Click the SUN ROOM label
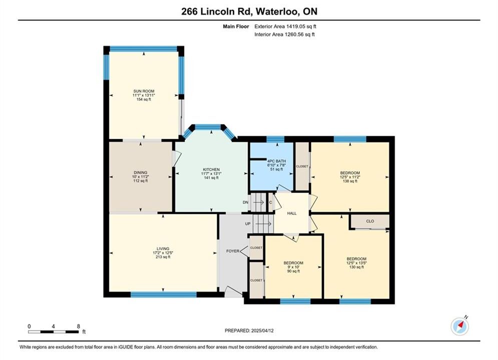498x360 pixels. (144, 91)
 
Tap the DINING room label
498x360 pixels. (140, 172)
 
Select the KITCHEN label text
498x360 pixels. (211, 169)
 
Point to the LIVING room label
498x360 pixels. (163, 248)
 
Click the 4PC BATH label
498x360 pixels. (276, 161)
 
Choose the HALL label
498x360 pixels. (292, 213)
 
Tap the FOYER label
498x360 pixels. (233, 251)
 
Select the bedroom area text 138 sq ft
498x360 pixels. (350, 181)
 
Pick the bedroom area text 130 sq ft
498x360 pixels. (356, 267)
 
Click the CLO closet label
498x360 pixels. (370, 221)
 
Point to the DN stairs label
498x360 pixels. (246, 202)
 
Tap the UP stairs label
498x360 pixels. (248, 224)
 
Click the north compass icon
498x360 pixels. (460, 325)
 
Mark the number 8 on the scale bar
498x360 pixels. (79, 326)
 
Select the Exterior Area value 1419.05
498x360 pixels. (295, 26)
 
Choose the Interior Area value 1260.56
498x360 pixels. (293, 34)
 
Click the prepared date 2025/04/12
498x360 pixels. (262, 330)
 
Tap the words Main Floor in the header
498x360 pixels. (236, 26)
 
